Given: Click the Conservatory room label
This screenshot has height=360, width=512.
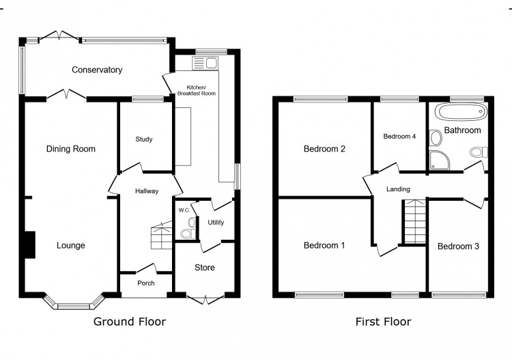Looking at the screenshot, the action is tap(97, 70).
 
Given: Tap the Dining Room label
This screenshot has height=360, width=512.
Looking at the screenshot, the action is tap(71, 149).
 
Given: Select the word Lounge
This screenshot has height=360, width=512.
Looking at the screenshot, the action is tap(71, 245).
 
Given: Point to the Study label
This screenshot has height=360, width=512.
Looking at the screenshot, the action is tap(144, 139).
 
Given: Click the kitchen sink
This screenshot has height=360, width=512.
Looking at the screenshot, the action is tap(205, 63).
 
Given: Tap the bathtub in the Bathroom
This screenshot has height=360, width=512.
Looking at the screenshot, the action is tap(460, 113).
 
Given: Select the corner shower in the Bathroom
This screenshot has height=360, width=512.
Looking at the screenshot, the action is tap(440, 160).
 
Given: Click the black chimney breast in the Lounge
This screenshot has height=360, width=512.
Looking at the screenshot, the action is tap(30, 245).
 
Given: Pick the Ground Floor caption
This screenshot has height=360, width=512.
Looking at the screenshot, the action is tap(130, 322).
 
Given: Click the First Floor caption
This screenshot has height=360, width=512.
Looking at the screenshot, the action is tap(384, 322).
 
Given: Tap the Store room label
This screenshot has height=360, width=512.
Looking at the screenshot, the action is tap(205, 268).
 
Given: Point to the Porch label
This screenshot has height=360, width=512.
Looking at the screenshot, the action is tap(146, 283).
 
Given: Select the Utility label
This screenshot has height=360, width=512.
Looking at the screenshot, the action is tap(216, 223).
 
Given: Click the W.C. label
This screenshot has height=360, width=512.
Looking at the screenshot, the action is tap(184, 210).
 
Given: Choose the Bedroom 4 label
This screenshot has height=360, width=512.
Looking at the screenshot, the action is tap(399, 136).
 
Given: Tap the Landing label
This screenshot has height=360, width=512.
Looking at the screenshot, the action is tap(398, 189).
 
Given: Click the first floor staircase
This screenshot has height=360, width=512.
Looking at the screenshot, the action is tap(415, 221).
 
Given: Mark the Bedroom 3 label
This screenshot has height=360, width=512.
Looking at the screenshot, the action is tap(458, 247).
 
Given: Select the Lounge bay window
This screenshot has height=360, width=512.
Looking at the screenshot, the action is tap(74, 302).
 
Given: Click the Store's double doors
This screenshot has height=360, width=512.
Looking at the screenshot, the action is tap(205, 300).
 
